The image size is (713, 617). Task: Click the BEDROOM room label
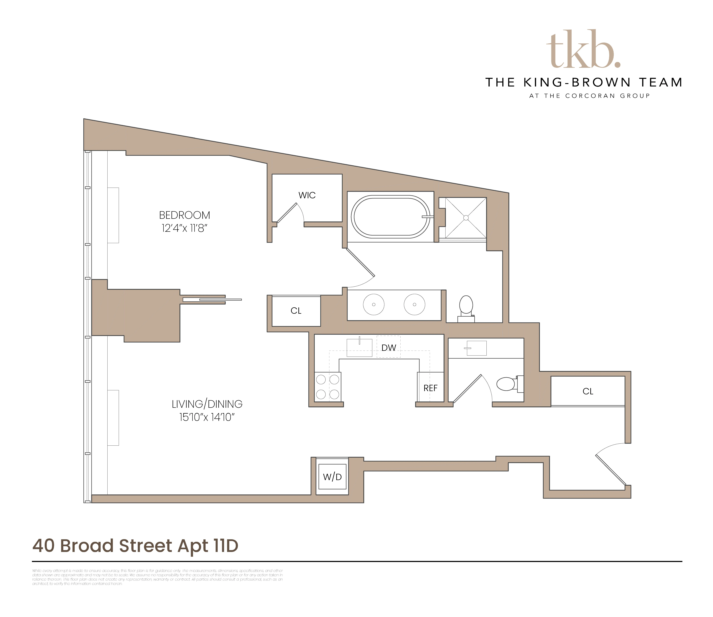tap(184, 215)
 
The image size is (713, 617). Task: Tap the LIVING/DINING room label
tap(207, 404)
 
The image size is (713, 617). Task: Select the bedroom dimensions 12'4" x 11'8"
tap(184, 228)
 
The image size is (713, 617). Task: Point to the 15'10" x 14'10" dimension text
tap(207, 417)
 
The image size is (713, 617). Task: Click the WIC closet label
tap(307, 195)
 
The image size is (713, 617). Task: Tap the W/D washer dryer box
tap(332, 477)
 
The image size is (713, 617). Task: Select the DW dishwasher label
tap(389, 348)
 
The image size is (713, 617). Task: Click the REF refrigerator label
tap(430, 388)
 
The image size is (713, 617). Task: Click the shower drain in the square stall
tap(466, 218)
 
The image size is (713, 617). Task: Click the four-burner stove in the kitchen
tap(328, 387)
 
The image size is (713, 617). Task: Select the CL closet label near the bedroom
tap(296, 311)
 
